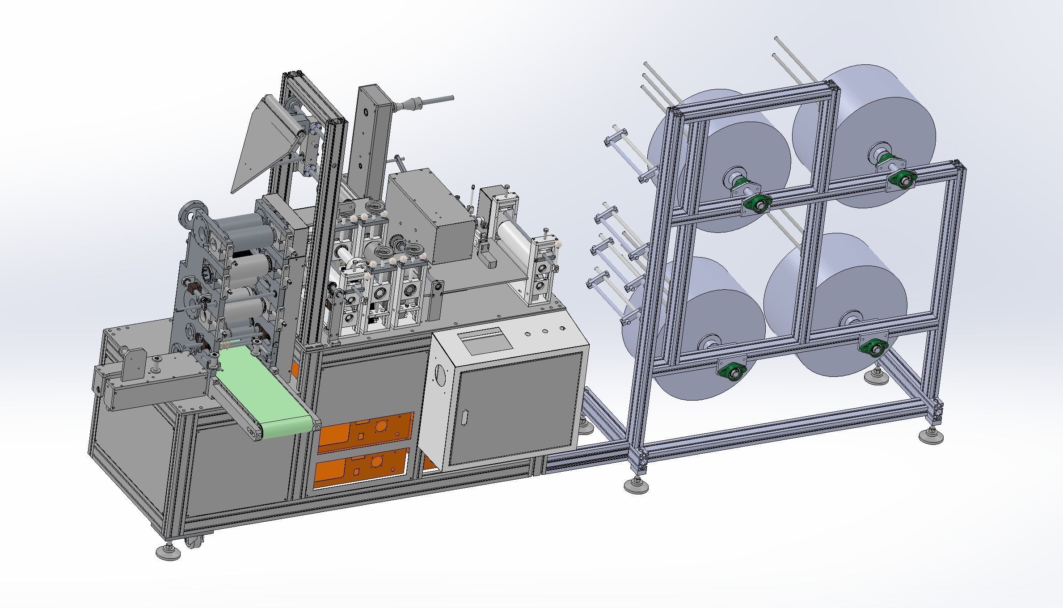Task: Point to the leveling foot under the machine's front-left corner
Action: pyautogui.click(x=168, y=552)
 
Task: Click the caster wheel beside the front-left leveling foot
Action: pyautogui.click(x=195, y=544)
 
